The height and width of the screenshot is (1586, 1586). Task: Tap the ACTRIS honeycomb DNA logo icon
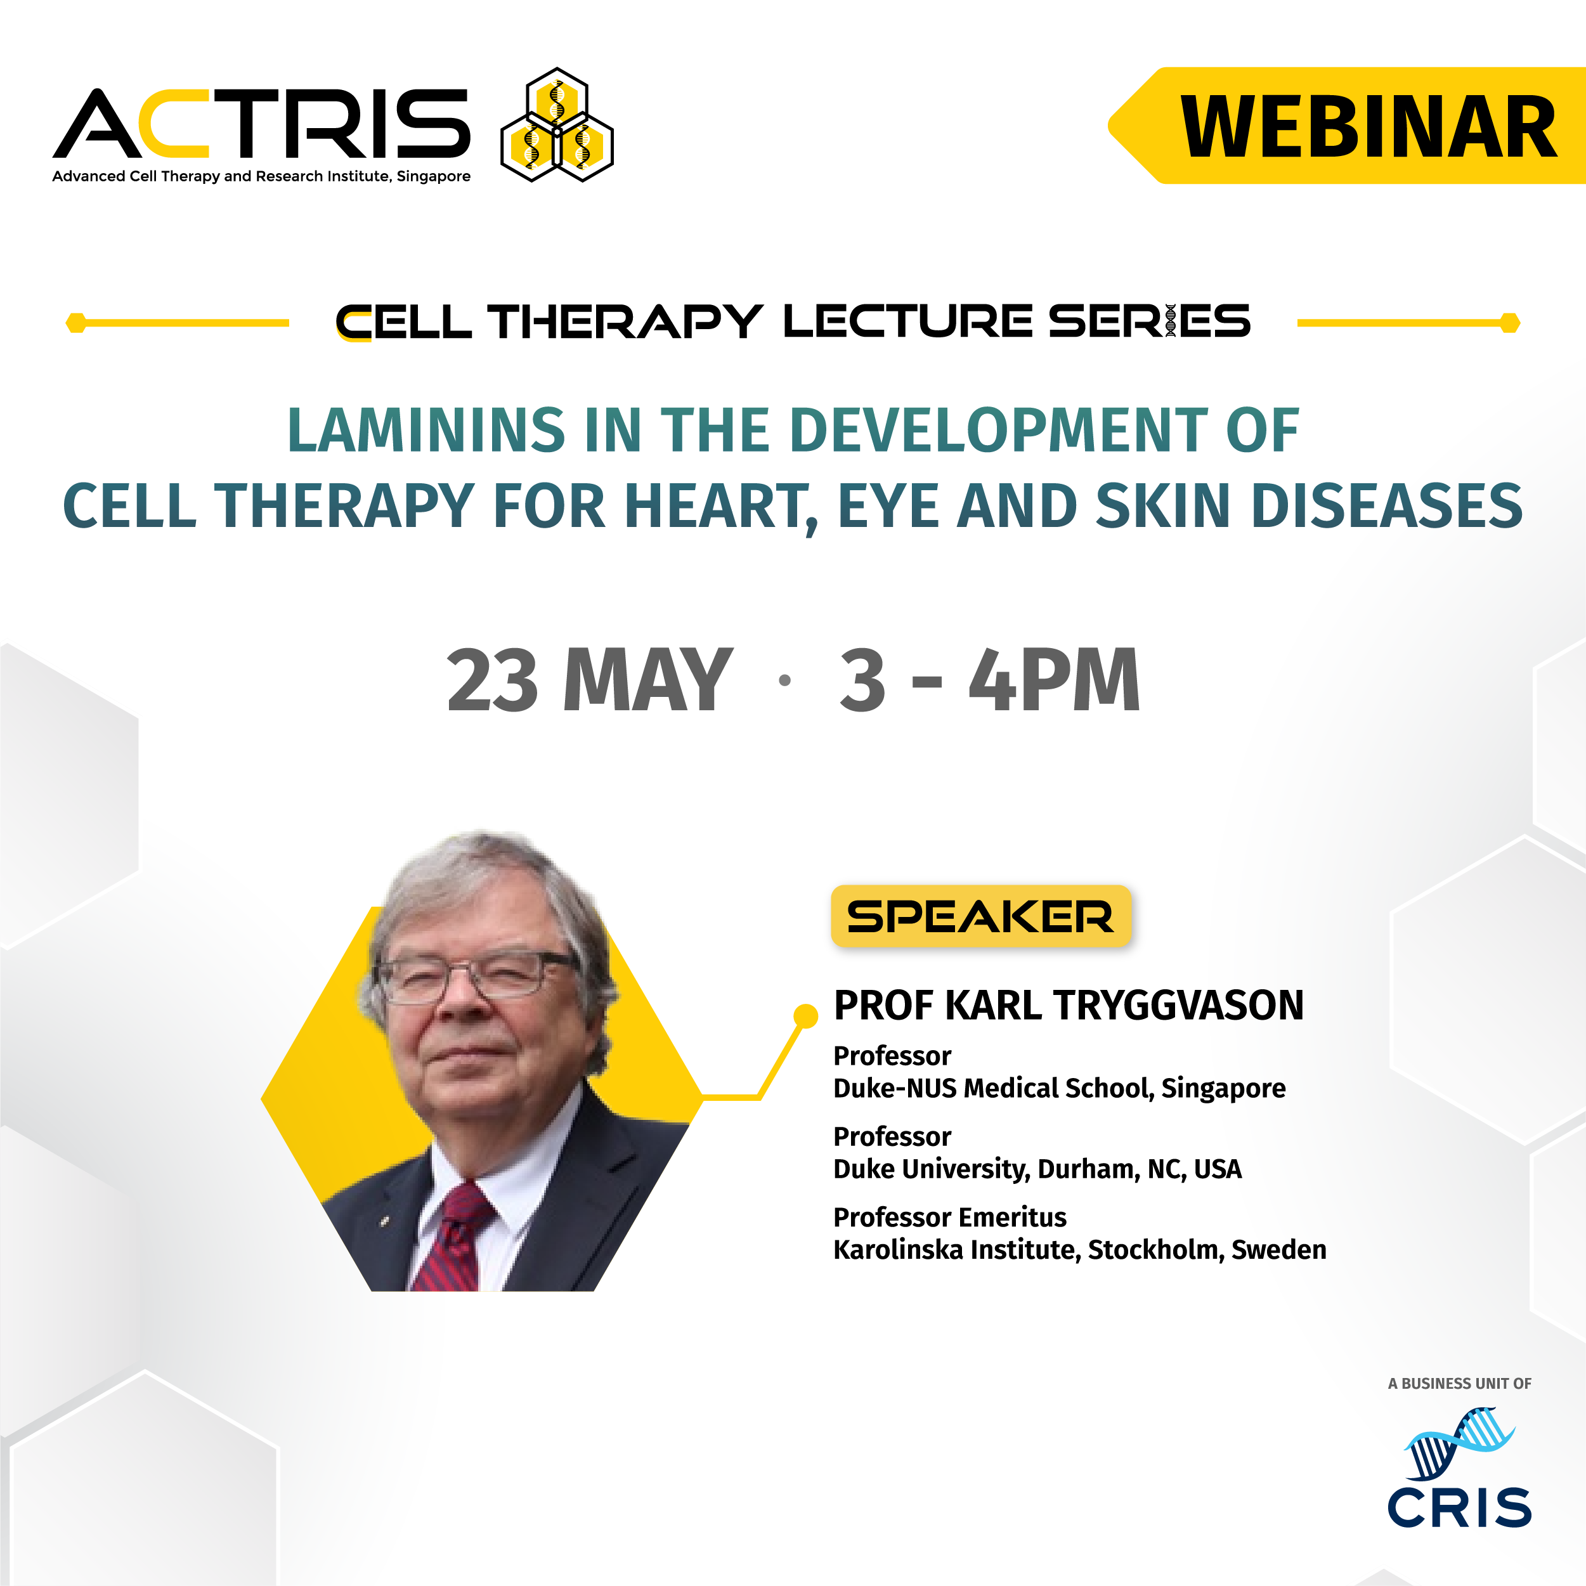557,125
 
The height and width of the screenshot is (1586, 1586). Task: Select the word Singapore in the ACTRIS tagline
434,176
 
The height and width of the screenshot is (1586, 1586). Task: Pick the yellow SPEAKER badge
981,916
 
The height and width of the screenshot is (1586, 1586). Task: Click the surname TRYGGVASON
1178,1006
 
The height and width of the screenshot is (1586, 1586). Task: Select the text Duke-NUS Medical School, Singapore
1059,1089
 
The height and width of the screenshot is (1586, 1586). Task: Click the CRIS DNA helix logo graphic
1460,1442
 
